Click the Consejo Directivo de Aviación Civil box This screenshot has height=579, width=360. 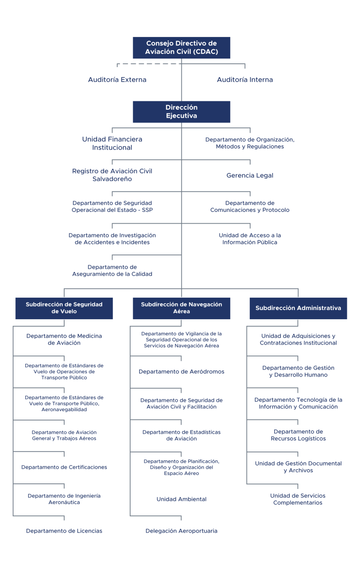(181, 47)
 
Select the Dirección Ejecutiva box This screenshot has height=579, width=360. (181, 112)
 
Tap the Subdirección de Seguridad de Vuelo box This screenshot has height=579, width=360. (64, 308)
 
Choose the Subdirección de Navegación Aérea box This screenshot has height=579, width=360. (181, 308)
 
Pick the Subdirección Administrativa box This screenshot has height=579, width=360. (298, 308)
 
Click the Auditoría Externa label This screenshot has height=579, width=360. (117, 80)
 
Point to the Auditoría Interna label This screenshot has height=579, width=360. (245, 80)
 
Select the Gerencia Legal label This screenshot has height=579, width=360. (250, 175)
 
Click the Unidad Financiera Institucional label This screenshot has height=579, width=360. (112, 143)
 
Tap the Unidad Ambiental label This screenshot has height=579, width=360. (181, 499)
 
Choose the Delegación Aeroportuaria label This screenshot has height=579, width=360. (181, 531)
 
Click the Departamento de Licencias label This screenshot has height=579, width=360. (64, 531)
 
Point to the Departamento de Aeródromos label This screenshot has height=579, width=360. (181, 372)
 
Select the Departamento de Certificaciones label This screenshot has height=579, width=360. (64, 467)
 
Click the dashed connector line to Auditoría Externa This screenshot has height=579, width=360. (149, 64)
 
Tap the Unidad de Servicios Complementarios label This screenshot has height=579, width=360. (298, 499)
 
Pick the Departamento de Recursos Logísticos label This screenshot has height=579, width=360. (298, 435)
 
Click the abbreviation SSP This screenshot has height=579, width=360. (147, 210)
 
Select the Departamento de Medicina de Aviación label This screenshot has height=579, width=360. (64, 339)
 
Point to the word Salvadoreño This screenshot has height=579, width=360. (112, 179)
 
